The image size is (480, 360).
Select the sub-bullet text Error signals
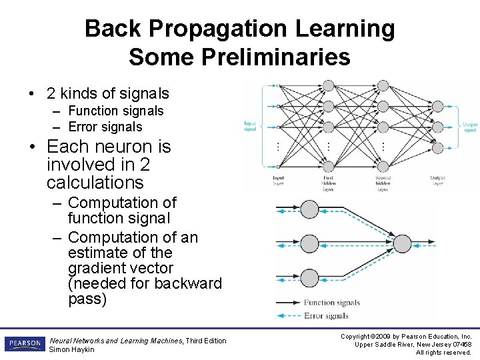click(x=105, y=127)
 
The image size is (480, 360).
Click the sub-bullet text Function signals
click(x=115, y=111)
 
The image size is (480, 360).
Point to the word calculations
click(x=95, y=182)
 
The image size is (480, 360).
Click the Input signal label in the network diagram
click(x=250, y=126)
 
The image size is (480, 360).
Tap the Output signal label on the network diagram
click(x=471, y=127)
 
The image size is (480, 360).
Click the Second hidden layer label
click(x=383, y=183)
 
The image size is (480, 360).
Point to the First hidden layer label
click(x=328, y=183)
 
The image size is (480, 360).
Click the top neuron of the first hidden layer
click(x=328, y=85)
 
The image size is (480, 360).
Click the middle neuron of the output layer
click(x=437, y=126)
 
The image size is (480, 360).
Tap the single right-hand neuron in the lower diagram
click(x=403, y=244)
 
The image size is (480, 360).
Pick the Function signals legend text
click(x=332, y=303)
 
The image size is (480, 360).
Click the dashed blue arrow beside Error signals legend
click(x=288, y=316)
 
